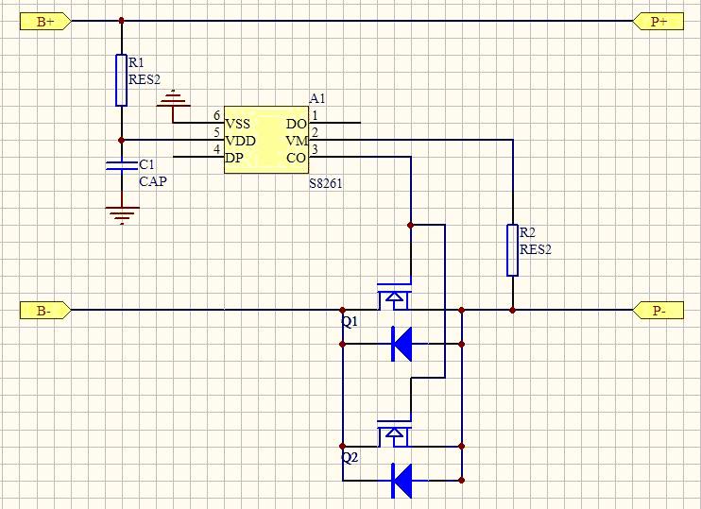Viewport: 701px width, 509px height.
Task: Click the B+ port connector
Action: tap(43, 21)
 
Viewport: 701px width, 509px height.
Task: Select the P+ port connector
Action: tap(658, 21)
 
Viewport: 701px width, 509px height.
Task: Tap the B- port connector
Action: tap(43, 310)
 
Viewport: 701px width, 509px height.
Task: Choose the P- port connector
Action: tap(658, 310)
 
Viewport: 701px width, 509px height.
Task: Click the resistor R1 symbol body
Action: tap(121, 80)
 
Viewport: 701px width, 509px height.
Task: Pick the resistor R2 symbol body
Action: tap(512, 250)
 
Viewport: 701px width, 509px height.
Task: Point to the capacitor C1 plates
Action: tap(121, 167)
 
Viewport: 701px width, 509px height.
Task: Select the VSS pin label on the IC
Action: tap(239, 124)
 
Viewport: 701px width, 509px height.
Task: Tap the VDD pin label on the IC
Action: tap(240, 141)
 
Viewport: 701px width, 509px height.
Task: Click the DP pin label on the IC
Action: tap(234, 158)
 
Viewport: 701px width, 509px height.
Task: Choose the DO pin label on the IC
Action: tap(296, 124)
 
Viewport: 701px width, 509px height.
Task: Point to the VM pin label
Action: tap(296, 141)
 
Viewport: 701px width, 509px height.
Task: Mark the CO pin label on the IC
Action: tap(296, 158)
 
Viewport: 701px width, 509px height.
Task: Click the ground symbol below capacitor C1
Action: tap(121, 214)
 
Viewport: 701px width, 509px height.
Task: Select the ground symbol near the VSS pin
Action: tap(174, 100)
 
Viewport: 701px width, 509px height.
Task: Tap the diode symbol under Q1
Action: tap(402, 345)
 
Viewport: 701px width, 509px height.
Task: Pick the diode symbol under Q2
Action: tap(402, 481)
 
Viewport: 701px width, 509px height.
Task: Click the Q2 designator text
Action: tap(350, 458)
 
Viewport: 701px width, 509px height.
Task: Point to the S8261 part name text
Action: tap(326, 183)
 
